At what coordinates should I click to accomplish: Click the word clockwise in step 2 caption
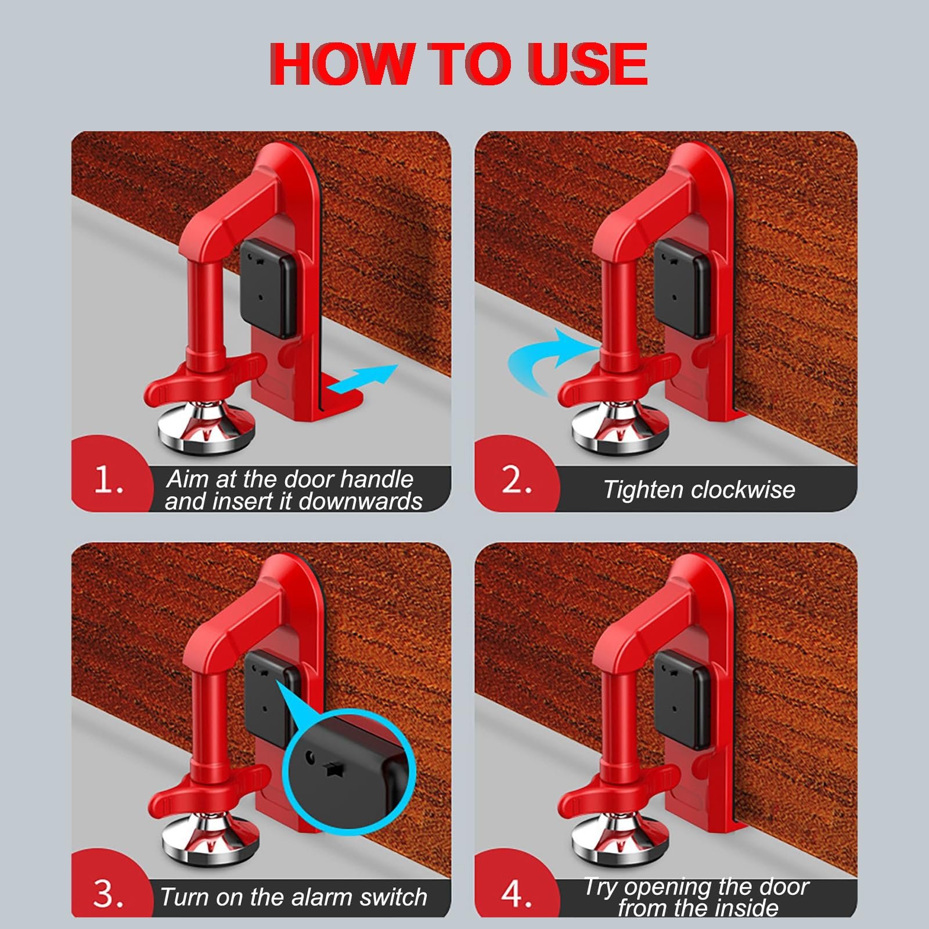click(743, 489)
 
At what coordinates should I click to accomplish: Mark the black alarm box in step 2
click(682, 288)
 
